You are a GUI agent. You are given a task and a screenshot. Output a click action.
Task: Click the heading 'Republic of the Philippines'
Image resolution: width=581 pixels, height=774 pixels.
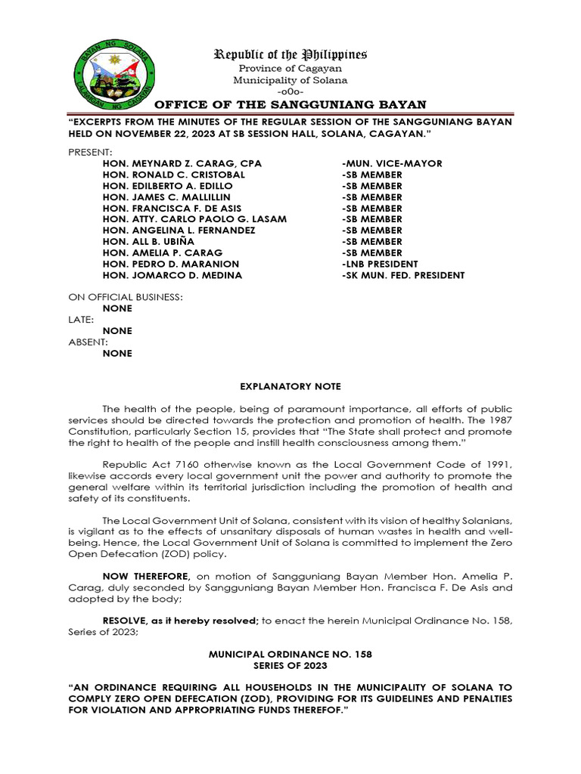point(290,54)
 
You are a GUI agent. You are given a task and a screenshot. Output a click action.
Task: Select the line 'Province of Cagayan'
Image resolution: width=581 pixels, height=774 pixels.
point(290,69)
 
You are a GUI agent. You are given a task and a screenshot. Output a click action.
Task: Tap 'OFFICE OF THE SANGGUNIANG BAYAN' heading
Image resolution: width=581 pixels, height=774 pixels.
point(290,104)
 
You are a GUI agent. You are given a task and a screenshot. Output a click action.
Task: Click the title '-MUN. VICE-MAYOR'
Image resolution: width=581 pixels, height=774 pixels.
point(392,163)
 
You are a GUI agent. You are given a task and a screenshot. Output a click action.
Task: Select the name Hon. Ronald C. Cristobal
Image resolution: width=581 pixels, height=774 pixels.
point(176,175)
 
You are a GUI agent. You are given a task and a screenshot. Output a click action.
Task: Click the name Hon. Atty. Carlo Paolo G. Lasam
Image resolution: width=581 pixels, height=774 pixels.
point(194,219)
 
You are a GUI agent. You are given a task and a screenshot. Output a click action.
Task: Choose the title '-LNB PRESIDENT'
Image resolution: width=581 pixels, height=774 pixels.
point(380,264)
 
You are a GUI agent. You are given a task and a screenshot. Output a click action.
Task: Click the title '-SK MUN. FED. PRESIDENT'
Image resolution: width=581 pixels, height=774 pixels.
point(403,275)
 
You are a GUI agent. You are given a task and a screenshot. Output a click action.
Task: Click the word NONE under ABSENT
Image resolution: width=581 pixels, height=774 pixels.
point(117,353)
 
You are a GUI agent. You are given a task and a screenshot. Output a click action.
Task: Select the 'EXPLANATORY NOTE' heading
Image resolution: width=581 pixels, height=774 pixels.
point(290,386)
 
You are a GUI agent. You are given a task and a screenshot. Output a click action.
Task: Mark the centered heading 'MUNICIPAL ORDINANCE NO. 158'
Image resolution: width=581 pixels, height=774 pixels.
point(290,653)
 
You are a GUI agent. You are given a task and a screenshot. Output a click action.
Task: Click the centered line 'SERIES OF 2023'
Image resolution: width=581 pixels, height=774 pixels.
point(290,664)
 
